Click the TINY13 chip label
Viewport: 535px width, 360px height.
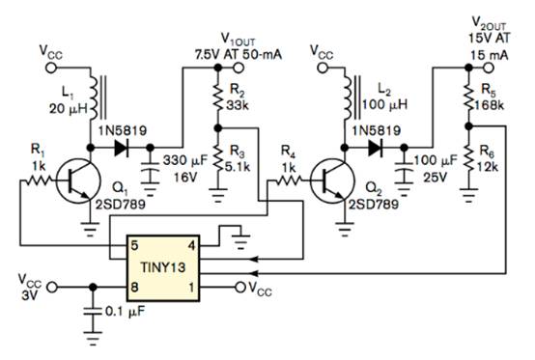pos(163,267)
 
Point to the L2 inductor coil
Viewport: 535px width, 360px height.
pos(347,97)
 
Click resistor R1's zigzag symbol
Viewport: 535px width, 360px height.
pos(39,180)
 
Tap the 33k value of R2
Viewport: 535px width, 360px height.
pos(239,105)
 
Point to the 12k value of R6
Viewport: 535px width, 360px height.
pos(489,167)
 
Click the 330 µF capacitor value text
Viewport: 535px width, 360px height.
pos(184,160)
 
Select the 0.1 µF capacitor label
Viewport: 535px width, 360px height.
pos(125,311)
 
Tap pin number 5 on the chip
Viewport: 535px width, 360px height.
pos(134,245)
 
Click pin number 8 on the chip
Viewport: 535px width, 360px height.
pos(134,287)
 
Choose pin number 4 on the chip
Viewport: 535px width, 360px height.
pos(192,245)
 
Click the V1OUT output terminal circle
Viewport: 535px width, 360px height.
pos(239,68)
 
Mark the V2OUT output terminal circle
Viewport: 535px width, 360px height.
pos(489,68)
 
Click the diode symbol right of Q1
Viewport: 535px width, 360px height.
pos(122,148)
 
